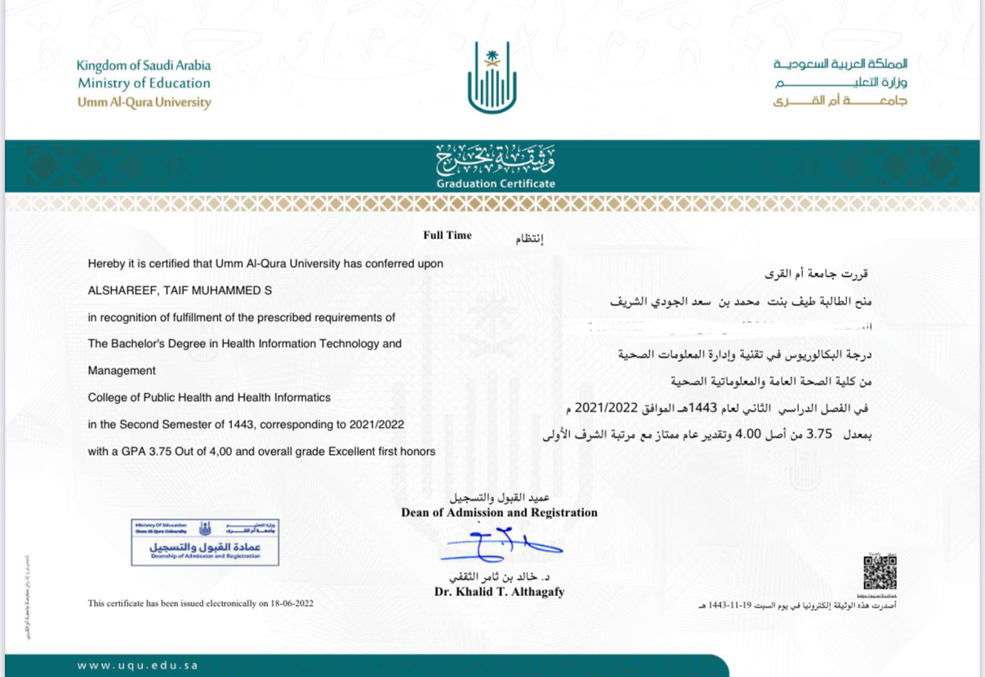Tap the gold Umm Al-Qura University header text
click(x=144, y=103)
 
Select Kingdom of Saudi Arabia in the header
click(x=144, y=65)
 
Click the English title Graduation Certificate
click(x=496, y=184)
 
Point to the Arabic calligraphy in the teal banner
click(x=495, y=159)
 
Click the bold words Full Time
click(x=447, y=235)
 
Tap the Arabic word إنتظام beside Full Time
click(x=528, y=239)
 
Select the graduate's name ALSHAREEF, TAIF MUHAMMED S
click(x=180, y=290)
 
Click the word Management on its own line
click(x=122, y=371)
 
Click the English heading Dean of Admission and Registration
click(x=499, y=513)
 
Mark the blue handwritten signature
click(x=498, y=545)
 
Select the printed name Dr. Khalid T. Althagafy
click(x=499, y=592)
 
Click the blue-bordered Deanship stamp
click(x=205, y=542)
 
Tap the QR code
click(x=880, y=572)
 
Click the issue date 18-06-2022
click(x=287, y=604)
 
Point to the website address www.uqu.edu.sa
click(x=138, y=666)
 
